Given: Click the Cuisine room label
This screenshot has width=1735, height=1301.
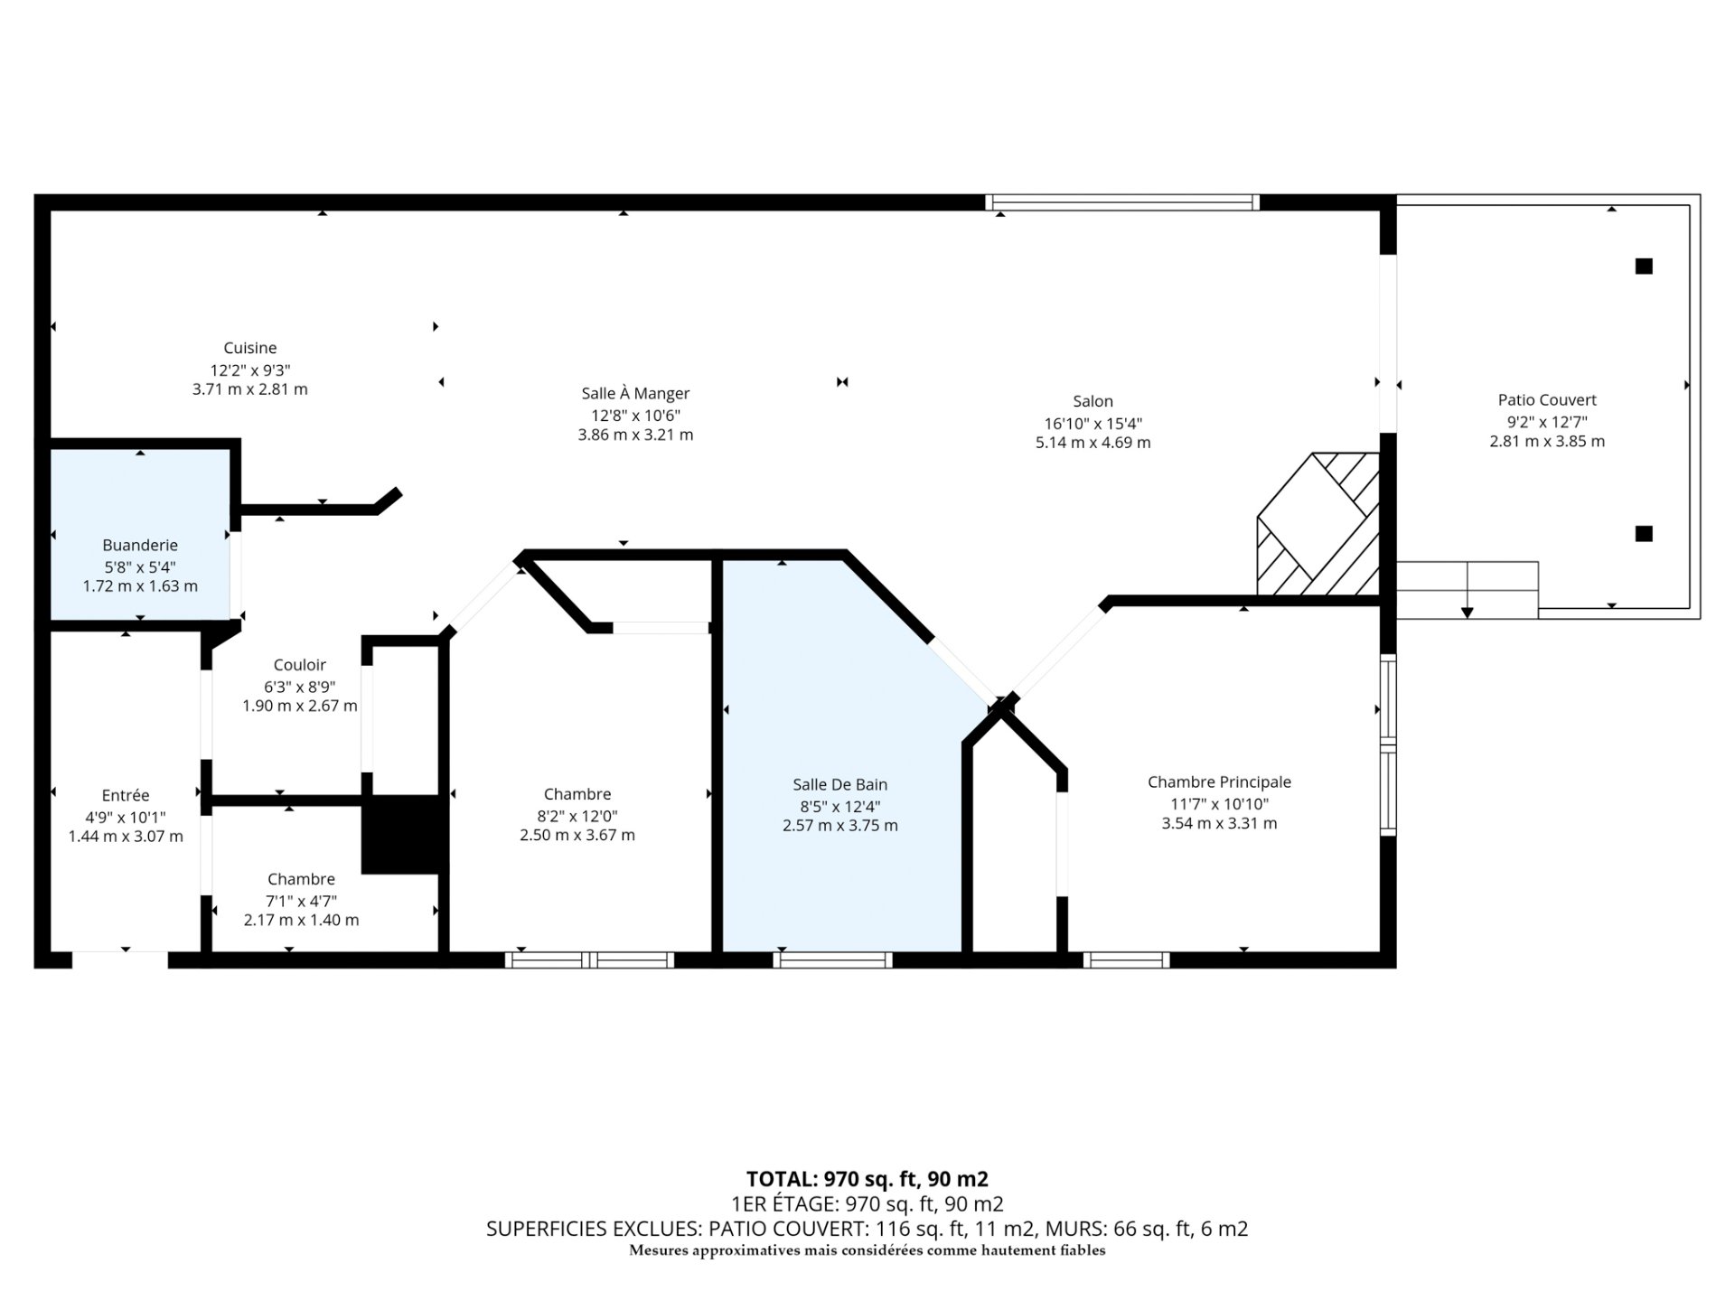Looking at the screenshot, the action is (x=250, y=348).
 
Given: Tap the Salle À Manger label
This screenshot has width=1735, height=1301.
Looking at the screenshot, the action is (x=635, y=393).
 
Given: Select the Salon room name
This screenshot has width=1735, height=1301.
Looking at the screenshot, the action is (x=1093, y=401).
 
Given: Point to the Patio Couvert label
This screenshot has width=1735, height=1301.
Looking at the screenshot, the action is (x=1547, y=399).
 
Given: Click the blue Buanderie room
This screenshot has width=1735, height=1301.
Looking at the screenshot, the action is (x=140, y=535).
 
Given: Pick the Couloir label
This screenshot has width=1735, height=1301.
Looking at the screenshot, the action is (x=300, y=665).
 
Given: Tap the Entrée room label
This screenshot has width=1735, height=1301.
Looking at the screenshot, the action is (x=126, y=795).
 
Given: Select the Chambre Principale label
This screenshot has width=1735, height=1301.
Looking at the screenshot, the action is (x=1219, y=782).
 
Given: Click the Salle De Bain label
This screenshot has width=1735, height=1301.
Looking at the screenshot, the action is (x=840, y=784).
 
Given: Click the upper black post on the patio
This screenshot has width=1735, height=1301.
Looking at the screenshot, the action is (x=1644, y=266).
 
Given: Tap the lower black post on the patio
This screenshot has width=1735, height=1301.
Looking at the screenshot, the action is (x=1644, y=533).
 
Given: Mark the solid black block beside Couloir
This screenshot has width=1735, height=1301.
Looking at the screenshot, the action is (x=404, y=835).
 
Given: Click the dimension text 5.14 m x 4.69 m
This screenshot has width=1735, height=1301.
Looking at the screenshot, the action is (x=1093, y=443).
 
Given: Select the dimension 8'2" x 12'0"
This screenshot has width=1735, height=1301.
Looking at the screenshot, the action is (x=577, y=814).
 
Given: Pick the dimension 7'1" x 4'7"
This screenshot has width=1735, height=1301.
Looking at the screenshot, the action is (x=301, y=900).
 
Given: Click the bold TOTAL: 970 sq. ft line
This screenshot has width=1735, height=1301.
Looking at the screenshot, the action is (x=867, y=1179).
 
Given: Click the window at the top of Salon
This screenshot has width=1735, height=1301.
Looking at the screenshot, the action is (x=1122, y=202).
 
